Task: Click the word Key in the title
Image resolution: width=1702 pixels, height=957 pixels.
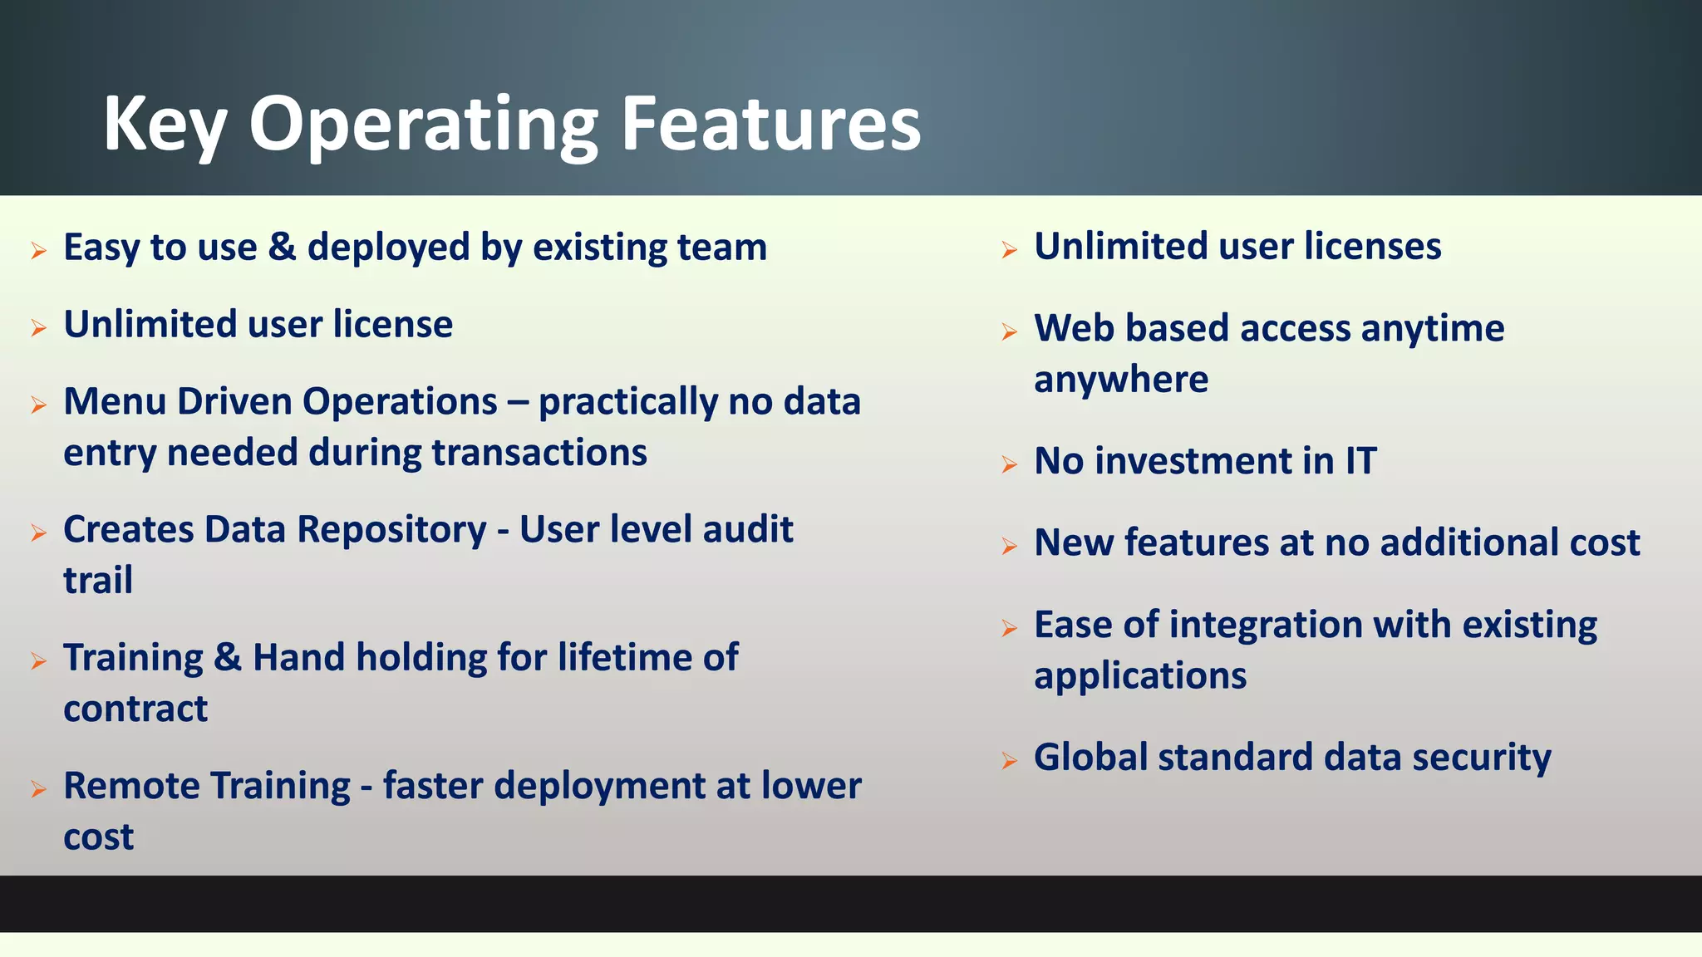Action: coord(165,125)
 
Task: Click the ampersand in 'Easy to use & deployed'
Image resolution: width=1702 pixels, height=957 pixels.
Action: coord(282,248)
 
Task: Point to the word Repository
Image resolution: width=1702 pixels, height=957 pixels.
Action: coord(391,529)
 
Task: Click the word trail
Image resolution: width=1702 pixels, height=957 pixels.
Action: coord(97,580)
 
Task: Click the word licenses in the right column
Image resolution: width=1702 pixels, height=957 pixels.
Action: coord(1372,246)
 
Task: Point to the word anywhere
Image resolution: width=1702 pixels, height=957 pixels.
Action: coord(1120,380)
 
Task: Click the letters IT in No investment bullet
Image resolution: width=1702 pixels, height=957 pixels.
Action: coord(1360,461)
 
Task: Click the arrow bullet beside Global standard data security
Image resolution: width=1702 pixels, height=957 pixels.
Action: coord(1009,760)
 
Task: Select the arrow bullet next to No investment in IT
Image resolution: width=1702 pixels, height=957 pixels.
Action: coord(1009,464)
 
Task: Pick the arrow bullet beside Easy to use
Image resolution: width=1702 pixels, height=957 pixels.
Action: coord(38,250)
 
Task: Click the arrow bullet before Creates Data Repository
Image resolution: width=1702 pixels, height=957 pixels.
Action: coord(38,532)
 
